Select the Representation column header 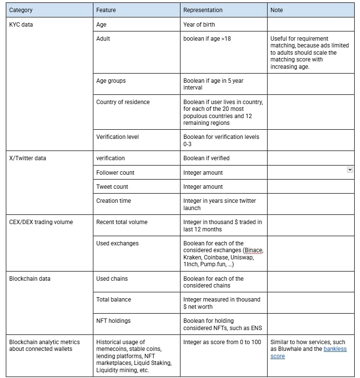[203, 10]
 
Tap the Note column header [277, 10]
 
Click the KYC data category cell [21, 24]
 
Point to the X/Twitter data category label [28, 158]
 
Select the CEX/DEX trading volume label [41, 222]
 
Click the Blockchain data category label [30, 278]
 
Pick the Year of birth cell [199, 24]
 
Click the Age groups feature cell [111, 81]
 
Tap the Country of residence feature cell [123, 102]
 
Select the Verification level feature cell [118, 136]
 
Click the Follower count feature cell [115, 172]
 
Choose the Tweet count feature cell [112, 186]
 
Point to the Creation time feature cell [114, 200]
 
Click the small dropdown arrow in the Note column [350, 170]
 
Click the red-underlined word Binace [254, 250]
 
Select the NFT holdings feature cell [113, 320]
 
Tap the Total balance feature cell [114, 299]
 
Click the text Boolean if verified [206, 158]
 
